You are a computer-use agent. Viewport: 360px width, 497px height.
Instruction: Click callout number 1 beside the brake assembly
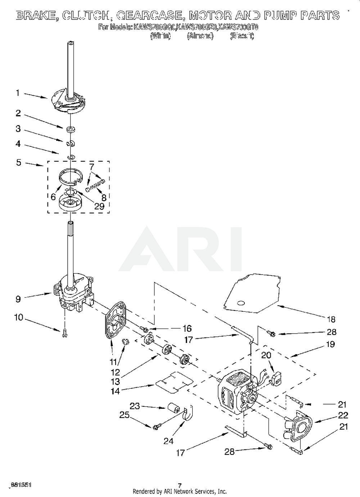click(18, 93)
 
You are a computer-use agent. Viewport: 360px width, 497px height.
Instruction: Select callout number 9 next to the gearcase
click(18, 299)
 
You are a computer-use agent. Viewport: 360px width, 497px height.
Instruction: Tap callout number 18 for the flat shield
click(331, 319)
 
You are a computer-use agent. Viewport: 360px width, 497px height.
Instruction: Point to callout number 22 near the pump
click(343, 415)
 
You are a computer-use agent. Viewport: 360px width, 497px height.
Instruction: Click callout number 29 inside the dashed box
click(99, 206)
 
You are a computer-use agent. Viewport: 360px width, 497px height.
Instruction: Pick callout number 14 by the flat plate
click(115, 390)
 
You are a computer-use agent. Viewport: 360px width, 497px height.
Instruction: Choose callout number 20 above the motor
click(266, 356)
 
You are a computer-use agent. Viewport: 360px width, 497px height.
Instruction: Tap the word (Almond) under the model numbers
click(200, 36)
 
